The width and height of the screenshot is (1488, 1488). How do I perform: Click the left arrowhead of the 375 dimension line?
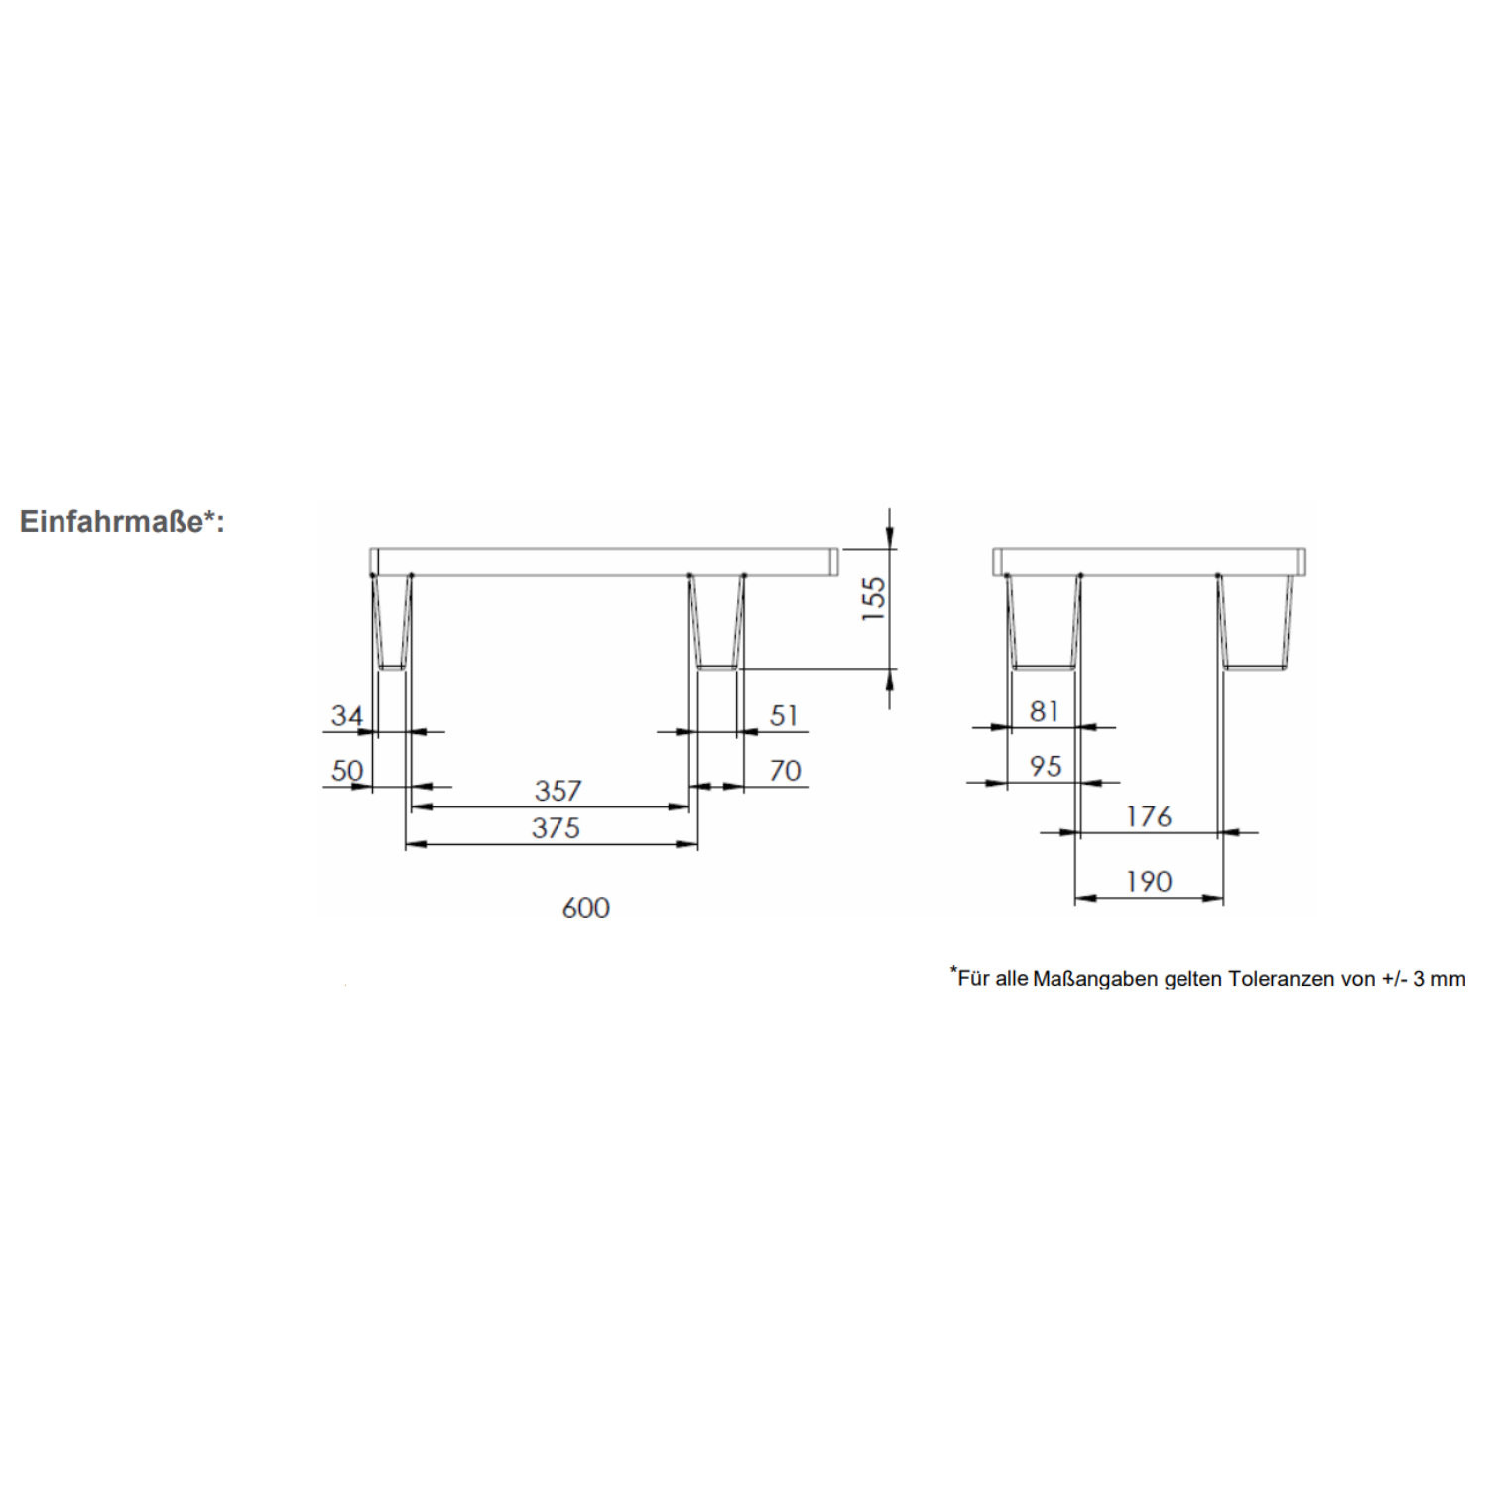pos(416,845)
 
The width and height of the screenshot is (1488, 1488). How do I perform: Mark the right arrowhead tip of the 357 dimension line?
pos(689,807)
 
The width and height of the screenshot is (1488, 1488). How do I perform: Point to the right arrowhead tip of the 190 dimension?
pos(1223,899)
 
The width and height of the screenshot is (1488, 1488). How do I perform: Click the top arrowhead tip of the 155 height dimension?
pos(890,548)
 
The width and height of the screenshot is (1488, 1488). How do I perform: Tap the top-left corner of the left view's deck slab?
pos(370,548)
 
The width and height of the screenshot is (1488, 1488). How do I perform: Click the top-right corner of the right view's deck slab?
pos(1305,548)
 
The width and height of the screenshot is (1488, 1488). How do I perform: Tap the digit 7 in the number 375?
pos(556,827)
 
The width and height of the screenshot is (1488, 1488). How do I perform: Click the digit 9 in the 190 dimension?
pos(1149,881)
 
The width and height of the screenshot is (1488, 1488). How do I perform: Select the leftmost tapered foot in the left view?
pos(391,622)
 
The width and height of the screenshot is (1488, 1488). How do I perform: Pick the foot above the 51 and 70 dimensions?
pos(716,622)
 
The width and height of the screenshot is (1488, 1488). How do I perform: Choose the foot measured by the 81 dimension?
pos(1044,622)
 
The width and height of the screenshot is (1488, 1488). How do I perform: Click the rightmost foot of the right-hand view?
pos(1256,622)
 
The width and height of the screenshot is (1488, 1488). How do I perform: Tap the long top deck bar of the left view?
pos(604,561)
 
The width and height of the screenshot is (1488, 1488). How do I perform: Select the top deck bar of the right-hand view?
pos(1149,561)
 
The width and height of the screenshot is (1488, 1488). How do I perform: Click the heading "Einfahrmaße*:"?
pos(122,521)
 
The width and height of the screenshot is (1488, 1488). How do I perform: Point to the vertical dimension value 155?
pos(873,599)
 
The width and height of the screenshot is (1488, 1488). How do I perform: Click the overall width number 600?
pos(585,907)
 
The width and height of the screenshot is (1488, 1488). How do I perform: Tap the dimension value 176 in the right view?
pos(1149,816)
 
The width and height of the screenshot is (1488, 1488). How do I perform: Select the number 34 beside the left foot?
pos(347,715)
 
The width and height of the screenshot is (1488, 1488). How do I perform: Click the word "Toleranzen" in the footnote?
pos(1281,979)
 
